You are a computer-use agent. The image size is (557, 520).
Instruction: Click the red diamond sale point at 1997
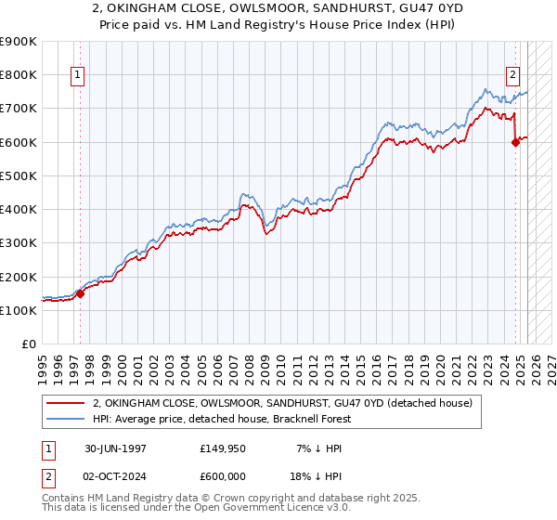tap(80, 293)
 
